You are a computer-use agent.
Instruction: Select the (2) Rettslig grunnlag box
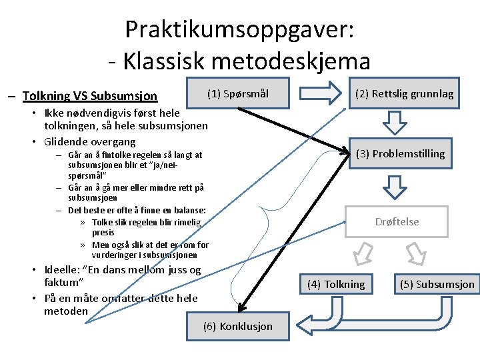(x=404, y=94)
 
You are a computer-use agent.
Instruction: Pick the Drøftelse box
(x=397, y=221)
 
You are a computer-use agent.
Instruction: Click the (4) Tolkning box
(x=336, y=285)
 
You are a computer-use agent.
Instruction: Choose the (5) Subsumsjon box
(x=437, y=285)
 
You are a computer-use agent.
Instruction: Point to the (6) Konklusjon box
(x=238, y=326)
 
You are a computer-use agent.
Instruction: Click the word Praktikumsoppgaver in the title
(x=239, y=29)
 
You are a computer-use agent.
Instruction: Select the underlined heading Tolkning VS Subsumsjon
(x=90, y=95)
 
